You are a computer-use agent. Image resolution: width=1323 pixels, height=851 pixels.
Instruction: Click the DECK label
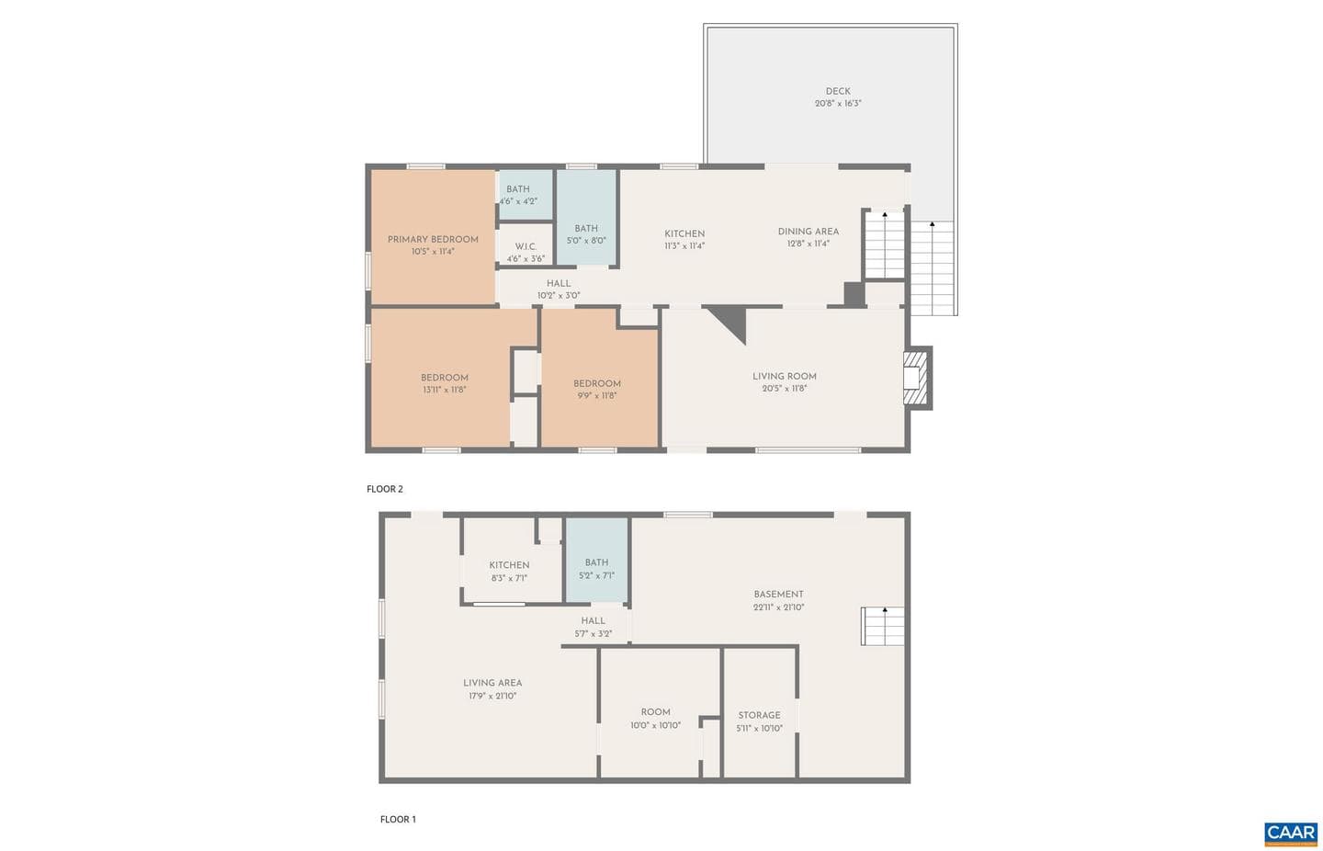click(x=838, y=92)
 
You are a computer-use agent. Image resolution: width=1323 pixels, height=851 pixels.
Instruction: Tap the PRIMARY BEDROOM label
click(x=433, y=239)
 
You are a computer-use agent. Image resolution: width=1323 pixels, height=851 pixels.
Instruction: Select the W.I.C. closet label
click(x=526, y=246)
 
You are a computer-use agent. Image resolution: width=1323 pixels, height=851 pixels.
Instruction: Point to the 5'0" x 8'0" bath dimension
click(x=586, y=241)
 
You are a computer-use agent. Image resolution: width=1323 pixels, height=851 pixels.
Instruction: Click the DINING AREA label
click(x=808, y=232)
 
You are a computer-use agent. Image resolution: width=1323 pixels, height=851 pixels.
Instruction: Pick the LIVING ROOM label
click(x=785, y=377)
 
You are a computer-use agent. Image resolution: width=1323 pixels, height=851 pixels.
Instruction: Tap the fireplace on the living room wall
click(x=917, y=378)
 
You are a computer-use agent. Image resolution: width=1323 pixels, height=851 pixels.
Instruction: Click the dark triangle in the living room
click(x=731, y=322)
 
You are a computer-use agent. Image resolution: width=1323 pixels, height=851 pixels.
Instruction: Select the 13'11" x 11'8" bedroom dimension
click(x=445, y=390)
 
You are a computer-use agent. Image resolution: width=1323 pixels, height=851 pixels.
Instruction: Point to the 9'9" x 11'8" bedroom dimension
click(x=596, y=395)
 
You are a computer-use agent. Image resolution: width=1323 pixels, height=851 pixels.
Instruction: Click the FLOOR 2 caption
click(x=384, y=489)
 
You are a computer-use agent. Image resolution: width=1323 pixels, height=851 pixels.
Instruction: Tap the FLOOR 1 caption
click(x=398, y=819)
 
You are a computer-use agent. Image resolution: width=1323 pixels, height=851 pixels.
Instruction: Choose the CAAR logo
click(x=1291, y=834)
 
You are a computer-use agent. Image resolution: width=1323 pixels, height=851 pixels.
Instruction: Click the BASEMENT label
click(x=778, y=595)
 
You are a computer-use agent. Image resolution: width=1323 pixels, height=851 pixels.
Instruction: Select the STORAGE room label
click(x=759, y=715)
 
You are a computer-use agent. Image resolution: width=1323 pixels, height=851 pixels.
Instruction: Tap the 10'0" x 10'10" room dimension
click(x=656, y=725)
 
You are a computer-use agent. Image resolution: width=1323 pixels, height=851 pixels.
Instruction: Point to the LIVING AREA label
click(x=492, y=683)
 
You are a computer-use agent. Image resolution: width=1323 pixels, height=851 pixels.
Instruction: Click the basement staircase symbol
click(x=882, y=626)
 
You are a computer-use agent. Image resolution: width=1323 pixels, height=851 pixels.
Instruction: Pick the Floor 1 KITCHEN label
click(x=509, y=565)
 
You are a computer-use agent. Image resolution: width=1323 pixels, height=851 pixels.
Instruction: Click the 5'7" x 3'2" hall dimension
click(x=593, y=634)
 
